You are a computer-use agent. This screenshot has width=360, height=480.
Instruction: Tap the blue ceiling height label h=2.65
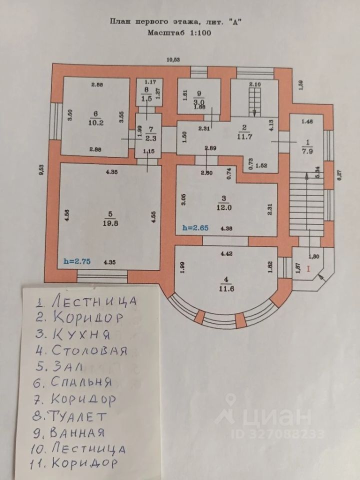pyautogui.click(x=195, y=228)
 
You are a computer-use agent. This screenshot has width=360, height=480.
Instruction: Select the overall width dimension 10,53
pyautogui.click(x=173, y=59)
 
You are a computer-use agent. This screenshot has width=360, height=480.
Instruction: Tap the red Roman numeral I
pyautogui.click(x=308, y=268)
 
